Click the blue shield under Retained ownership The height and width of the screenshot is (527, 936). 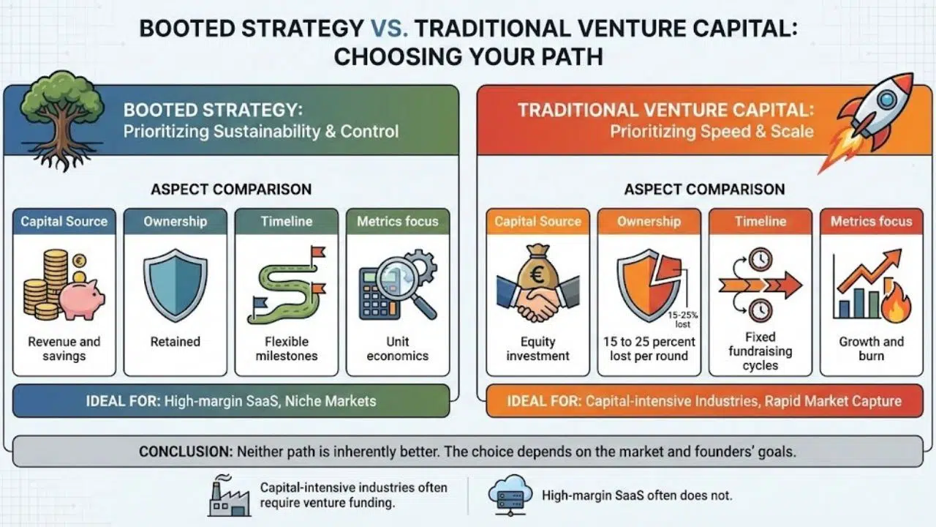pyautogui.click(x=175, y=284)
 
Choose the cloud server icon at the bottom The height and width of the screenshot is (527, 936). pyautogui.click(x=507, y=494)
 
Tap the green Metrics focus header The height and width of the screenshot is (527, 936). pyautogui.click(x=397, y=221)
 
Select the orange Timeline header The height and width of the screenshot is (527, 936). pyautogui.click(x=760, y=221)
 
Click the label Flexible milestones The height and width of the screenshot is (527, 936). pyautogui.click(x=287, y=348)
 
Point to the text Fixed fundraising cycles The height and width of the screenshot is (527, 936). pyautogui.click(x=760, y=351)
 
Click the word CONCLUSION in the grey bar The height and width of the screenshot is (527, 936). pyautogui.click(x=185, y=452)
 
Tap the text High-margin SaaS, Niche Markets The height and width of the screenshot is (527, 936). pyautogui.click(x=271, y=400)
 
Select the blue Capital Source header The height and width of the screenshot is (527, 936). pyautogui.click(x=64, y=221)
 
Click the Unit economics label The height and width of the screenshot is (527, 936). pyautogui.click(x=397, y=348)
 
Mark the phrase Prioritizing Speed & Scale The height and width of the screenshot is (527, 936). pyautogui.click(x=712, y=132)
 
